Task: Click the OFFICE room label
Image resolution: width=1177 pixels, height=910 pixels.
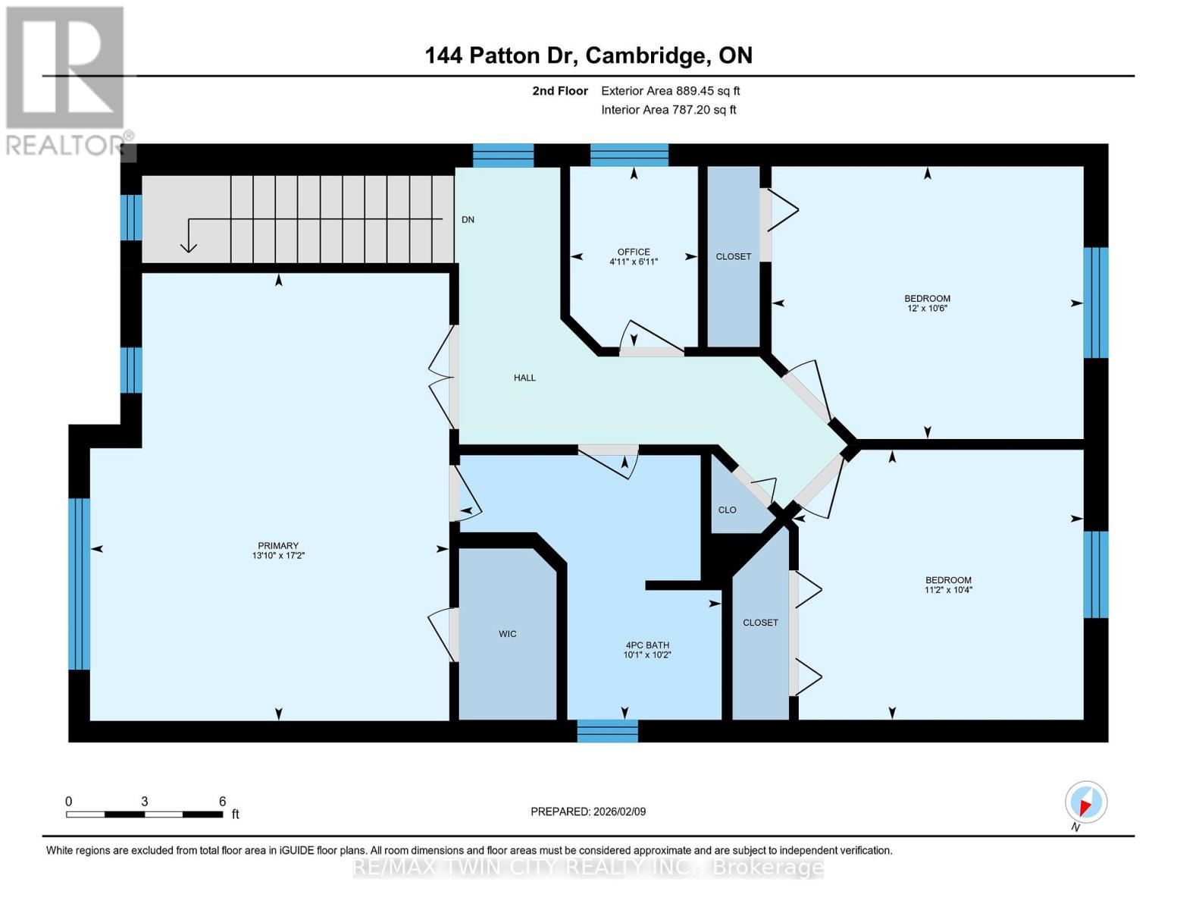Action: (633, 252)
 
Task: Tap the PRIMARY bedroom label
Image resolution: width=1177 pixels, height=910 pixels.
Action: (278, 545)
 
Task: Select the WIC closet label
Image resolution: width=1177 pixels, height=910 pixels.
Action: (507, 634)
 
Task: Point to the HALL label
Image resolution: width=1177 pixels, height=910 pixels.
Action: (524, 378)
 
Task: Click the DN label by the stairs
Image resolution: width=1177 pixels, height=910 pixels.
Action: (468, 220)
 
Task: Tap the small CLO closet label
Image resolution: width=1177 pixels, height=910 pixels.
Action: (727, 510)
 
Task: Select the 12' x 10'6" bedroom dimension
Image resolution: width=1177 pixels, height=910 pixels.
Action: (927, 309)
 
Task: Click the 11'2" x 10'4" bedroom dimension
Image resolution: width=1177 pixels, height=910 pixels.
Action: (947, 590)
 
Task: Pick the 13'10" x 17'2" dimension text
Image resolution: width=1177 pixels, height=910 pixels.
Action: (278, 556)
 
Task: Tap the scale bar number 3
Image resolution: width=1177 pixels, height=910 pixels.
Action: (144, 802)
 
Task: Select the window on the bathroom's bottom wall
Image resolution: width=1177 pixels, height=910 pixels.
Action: (607, 731)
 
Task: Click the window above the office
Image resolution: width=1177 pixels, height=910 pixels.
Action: (629, 155)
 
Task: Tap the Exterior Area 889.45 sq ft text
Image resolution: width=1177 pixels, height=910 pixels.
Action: (670, 91)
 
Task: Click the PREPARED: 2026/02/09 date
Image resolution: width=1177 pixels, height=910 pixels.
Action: (588, 811)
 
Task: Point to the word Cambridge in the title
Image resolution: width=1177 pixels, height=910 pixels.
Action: (643, 55)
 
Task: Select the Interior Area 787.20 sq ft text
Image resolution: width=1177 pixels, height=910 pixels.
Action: (668, 110)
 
